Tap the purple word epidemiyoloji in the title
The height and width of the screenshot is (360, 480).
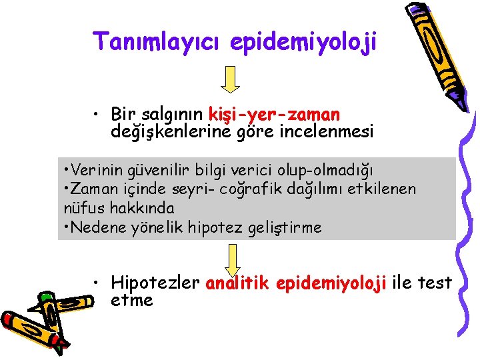coord(303,41)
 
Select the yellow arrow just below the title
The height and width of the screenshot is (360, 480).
coord(231,79)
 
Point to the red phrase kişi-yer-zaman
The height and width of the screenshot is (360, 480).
coord(274,115)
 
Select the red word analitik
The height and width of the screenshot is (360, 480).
coord(237,283)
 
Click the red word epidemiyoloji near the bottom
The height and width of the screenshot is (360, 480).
coord(330,283)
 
